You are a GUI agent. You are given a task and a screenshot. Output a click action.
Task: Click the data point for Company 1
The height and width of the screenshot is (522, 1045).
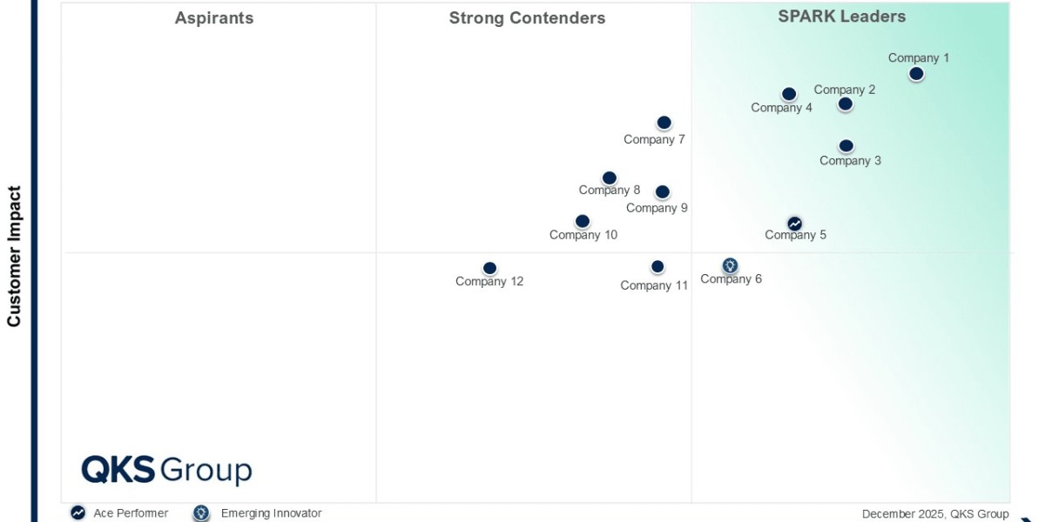pyautogui.click(x=916, y=74)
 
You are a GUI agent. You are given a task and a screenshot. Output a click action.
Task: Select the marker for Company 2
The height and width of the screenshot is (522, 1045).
pyautogui.click(x=845, y=104)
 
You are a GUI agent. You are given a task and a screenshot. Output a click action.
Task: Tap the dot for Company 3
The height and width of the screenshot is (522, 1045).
pyautogui.click(x=846, y=146)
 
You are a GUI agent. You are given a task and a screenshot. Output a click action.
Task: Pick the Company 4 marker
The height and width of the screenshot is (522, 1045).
pyautogui.click(x=789, y=94)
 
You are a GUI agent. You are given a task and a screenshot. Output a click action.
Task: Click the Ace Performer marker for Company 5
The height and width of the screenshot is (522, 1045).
pyautogui.click(x=794, y=224)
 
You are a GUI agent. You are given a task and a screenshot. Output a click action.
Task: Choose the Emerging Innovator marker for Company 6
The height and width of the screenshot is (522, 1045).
pyautogui.click(x=730, y=265)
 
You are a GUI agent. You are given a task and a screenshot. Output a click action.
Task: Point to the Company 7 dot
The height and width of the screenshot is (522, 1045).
pyautogui.click(x=664, y=123)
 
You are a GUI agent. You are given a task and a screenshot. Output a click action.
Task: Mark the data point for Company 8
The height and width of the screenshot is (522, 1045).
pyautogui.click(x=610, y=178)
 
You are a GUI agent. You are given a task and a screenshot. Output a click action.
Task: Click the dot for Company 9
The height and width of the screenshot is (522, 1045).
pyautogui.click(x=663, y=192)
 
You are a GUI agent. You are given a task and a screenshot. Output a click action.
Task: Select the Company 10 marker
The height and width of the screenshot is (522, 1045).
pyautogui.click(x=583, y=222)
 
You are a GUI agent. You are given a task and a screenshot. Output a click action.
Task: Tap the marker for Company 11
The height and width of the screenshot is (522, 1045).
pyautogui.click(x=657, y=267)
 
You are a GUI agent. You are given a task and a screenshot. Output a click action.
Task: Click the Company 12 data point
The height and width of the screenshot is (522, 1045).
pyautogui.click(x=489, y=269)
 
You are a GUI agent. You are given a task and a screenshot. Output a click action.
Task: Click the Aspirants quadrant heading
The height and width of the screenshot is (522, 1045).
pyautogui.click(x=214, y=18)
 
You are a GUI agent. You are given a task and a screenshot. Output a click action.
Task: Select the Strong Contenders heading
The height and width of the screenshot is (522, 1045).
pyautogui.click(x=527, y=18)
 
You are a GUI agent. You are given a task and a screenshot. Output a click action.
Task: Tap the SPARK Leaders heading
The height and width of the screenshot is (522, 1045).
pyautogui.click(x=842, y=17)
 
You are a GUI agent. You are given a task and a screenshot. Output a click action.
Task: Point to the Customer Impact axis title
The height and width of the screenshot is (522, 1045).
pyautogui.click(x=14, y=256)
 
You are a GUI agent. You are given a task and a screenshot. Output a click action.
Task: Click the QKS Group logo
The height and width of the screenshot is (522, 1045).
pyautogui.click(x=166, y=471)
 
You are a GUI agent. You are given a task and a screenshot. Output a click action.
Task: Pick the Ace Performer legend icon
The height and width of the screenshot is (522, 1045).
pyautogui.click(x=78, y=513)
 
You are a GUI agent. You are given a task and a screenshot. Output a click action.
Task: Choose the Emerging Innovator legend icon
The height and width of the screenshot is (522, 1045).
pyautogui.click(x=201, y=513)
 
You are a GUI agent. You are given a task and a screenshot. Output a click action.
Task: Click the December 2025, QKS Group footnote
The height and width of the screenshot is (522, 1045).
pyautogui.click(x=935, y=514)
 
